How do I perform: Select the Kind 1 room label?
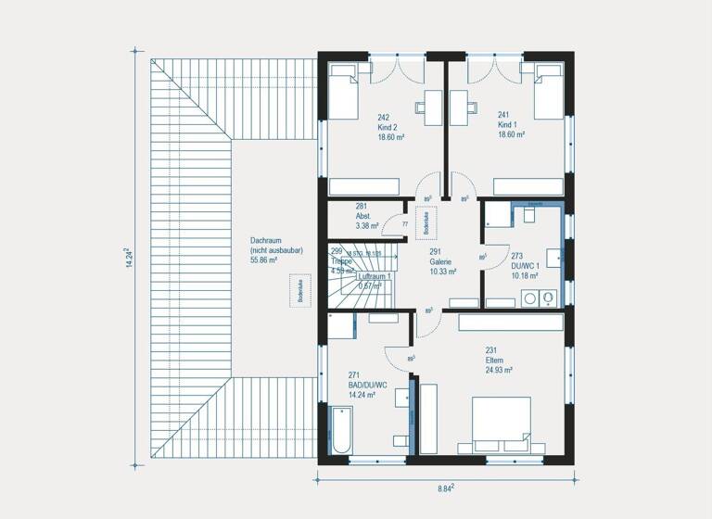click(x=506, y=124)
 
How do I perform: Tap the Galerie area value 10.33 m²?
click(x=444, y=272)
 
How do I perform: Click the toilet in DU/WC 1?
click(x=528, y=214)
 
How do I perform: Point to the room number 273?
click(x=517, y=255)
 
